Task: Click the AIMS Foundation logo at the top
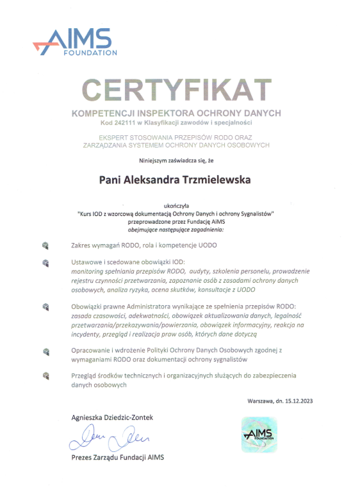[76, 42]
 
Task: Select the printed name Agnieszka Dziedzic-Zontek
[112, 417]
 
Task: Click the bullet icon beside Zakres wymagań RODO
[45, 245]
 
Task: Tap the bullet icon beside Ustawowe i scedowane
[45, 263]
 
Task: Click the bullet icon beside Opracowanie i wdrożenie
[45, 351]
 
